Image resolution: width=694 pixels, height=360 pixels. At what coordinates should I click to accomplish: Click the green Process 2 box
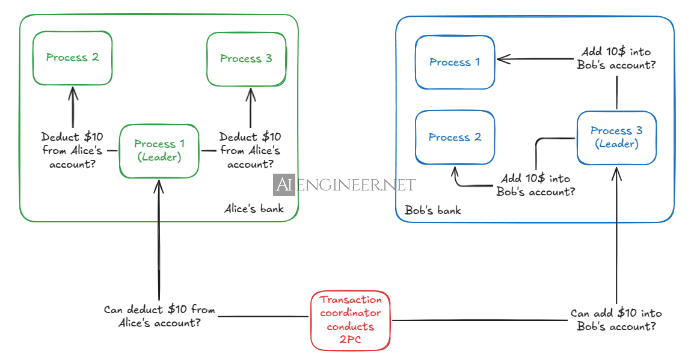72,58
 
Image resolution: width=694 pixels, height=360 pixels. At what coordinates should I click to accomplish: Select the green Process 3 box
246,58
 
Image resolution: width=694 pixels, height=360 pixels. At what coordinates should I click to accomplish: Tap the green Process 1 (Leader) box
159,151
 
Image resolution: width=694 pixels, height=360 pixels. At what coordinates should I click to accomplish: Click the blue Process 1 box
455,62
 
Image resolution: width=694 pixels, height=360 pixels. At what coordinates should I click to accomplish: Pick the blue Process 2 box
455,137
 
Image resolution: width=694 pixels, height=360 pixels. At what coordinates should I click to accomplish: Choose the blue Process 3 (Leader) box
616,138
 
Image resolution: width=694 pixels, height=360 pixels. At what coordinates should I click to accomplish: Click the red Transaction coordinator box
351,320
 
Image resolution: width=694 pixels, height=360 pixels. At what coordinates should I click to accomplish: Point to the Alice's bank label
254,209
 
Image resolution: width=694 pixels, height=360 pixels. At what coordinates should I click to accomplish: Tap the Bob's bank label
433,210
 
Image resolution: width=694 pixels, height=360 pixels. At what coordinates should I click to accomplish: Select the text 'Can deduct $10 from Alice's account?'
159,316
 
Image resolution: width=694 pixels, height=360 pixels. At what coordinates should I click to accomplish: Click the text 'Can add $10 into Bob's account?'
616,320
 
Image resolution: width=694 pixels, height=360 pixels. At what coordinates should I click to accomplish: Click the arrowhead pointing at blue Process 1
502,59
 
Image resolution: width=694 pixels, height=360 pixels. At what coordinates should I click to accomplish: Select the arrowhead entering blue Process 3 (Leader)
616,172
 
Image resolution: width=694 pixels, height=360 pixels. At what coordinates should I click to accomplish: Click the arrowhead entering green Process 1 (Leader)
159,184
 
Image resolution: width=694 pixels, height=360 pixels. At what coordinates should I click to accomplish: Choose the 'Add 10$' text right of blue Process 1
616,58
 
